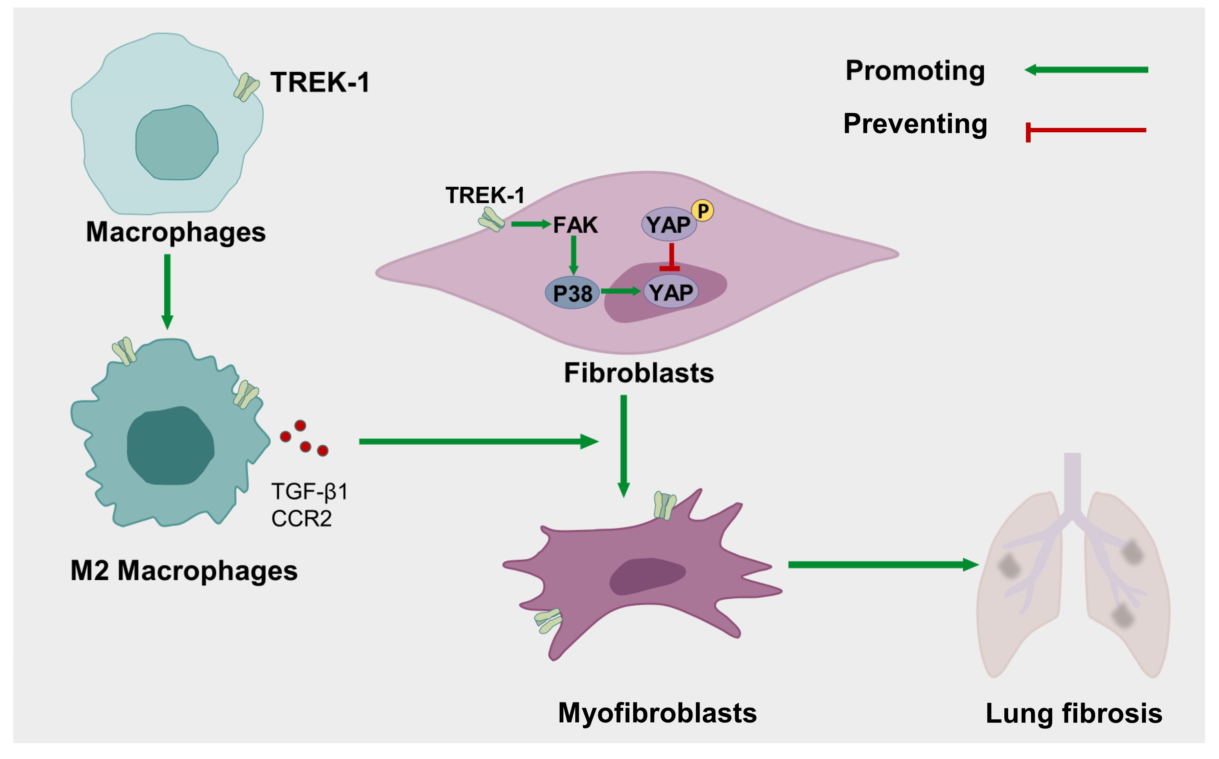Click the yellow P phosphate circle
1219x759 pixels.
click(x=702, y=211)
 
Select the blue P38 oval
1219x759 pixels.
click(x=572, y=293)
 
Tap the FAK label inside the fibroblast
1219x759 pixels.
click(x=576, y=225)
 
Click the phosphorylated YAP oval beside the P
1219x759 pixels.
click(x=668, y=224)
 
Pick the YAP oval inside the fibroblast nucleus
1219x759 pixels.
click(x=671, y=292)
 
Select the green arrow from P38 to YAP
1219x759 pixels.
click(x=620, y=291)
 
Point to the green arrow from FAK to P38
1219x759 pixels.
click(x=573, y=255)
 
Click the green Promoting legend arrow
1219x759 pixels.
click(x=1086, y=70)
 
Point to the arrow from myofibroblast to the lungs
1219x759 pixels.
click(x=883, y=565)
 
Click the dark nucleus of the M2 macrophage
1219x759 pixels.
click(x=170, y=446)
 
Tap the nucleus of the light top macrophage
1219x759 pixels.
click(x=177, y=143)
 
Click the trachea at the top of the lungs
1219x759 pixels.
click(x=1072, y=482)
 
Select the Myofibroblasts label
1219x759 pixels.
click(x=657, y=713)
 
